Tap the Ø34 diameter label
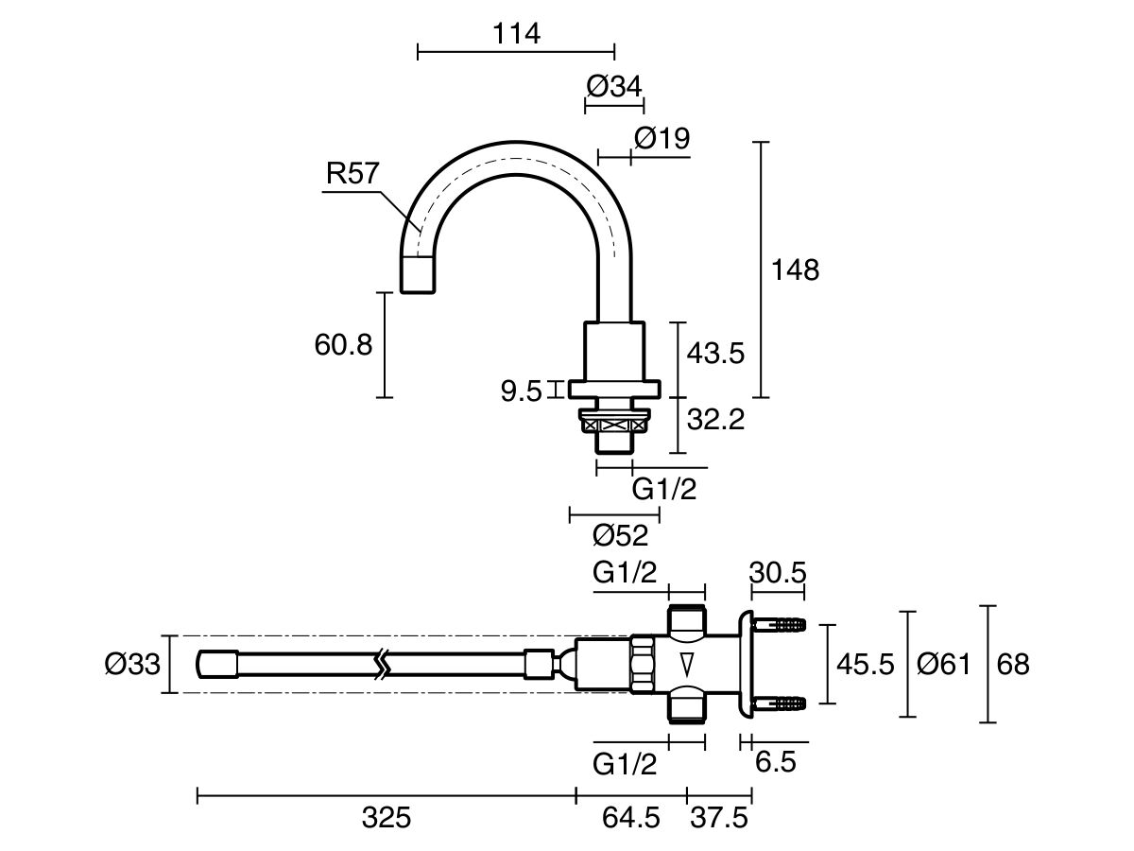[x=613, y=86]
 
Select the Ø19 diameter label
[x=661, y=138]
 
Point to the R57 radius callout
[x=352, y=174]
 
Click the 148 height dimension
[x=794, y=269]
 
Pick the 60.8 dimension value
[x=343, y=344]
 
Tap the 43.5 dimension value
[x=715, y=354]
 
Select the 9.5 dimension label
[x=523, y=391]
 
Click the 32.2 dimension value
[x=715, y=419]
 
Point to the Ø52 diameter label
[x=621, y=536]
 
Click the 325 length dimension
[x=387, y=819]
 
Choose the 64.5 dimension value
[x=630, y=819]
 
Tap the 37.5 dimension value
[x=719, y=819]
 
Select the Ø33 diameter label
[x=132, y=665]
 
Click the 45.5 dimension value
[x=865, y=665]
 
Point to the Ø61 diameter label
[x=943, y=665]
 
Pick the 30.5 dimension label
[x=778, y=573]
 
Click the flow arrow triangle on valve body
[x=687, y=663]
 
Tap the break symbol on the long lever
[x=383, y=665]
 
